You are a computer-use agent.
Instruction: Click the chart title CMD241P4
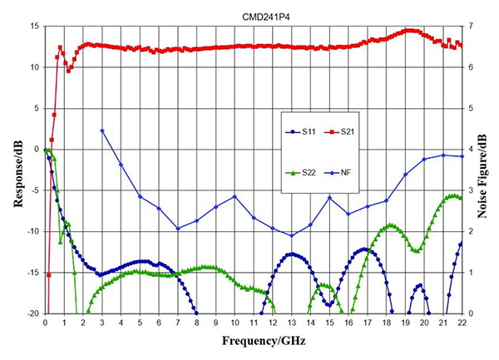point(253,14)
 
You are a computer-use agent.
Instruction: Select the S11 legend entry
point(303,131)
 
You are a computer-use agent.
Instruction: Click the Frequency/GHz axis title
point(253,342)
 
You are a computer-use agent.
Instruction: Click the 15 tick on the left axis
point(34,26)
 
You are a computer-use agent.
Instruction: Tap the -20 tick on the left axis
point(32,313)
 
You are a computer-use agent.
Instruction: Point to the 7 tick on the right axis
point(471,26)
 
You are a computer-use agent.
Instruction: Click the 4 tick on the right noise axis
point(471,149)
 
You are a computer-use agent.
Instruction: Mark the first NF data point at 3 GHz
point(101,131)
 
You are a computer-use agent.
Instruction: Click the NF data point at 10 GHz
point(235,196)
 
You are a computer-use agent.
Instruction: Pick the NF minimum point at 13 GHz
point(291,235)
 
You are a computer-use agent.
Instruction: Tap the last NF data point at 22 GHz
point(462,156)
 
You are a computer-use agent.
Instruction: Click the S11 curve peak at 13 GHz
point(291,254)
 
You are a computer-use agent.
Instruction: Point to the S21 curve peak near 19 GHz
point(408,30)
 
